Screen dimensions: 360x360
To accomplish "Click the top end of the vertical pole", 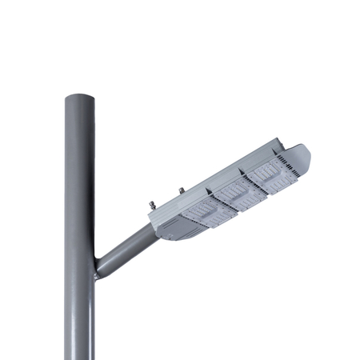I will [x=79, y=95].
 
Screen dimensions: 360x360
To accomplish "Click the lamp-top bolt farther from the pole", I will [x=180, y=191].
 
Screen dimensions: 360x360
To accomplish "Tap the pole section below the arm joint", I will [x=79, y=320].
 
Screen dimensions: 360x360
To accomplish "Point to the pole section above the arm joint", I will [x=79, y=176].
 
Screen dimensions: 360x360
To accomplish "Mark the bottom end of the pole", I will [x=79, y=357].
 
